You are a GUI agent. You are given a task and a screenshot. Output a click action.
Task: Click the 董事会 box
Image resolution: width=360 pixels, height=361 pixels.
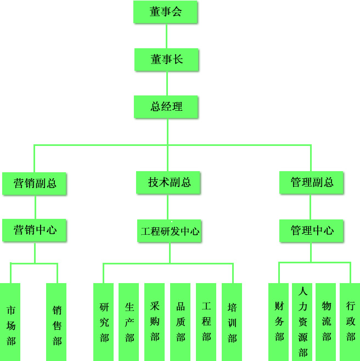pos(165,12)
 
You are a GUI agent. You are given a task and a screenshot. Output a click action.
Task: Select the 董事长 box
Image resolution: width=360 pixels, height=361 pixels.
pos(166,60)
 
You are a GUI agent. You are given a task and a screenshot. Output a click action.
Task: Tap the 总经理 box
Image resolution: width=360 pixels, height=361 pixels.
pos(166,107)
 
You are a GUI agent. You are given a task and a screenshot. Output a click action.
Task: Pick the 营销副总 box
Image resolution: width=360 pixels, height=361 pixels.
pos(35,183)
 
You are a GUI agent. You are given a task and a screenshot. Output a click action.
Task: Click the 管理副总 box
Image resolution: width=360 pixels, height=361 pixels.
pos(312,183)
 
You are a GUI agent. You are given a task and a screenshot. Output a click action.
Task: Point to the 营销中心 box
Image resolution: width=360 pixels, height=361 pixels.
pos(35,230)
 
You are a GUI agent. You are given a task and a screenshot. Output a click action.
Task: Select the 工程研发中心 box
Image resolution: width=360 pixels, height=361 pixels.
pos(169,231)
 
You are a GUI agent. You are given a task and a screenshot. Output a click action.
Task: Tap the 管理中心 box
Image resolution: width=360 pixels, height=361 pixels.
pos(312,230)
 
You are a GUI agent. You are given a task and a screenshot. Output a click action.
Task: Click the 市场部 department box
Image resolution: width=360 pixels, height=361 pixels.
pos(10,322)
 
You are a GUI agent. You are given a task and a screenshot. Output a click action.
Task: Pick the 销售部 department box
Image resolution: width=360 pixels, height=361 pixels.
pos(57,322)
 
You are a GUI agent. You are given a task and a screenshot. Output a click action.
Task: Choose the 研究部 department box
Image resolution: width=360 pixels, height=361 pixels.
pos(103,322)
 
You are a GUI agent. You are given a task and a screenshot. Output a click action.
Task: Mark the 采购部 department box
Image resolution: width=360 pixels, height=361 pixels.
pos(154,322)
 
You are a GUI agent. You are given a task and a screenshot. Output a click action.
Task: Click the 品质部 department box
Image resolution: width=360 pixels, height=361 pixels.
pos(180,322)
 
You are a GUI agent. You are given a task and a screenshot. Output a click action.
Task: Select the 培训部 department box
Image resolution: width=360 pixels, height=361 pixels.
pos(232,322)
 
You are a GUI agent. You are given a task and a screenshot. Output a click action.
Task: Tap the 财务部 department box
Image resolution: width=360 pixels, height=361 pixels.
pos(279,322)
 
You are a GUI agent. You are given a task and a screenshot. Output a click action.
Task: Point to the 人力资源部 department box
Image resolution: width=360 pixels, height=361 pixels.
pos(302,322)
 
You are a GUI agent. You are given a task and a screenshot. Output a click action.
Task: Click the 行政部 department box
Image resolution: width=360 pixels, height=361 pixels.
pos(350,322)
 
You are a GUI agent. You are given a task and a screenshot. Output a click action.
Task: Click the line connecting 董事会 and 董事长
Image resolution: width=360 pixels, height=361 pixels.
pos(166,36)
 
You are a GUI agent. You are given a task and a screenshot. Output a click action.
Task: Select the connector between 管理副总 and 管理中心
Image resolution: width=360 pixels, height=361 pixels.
pos(311,207)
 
